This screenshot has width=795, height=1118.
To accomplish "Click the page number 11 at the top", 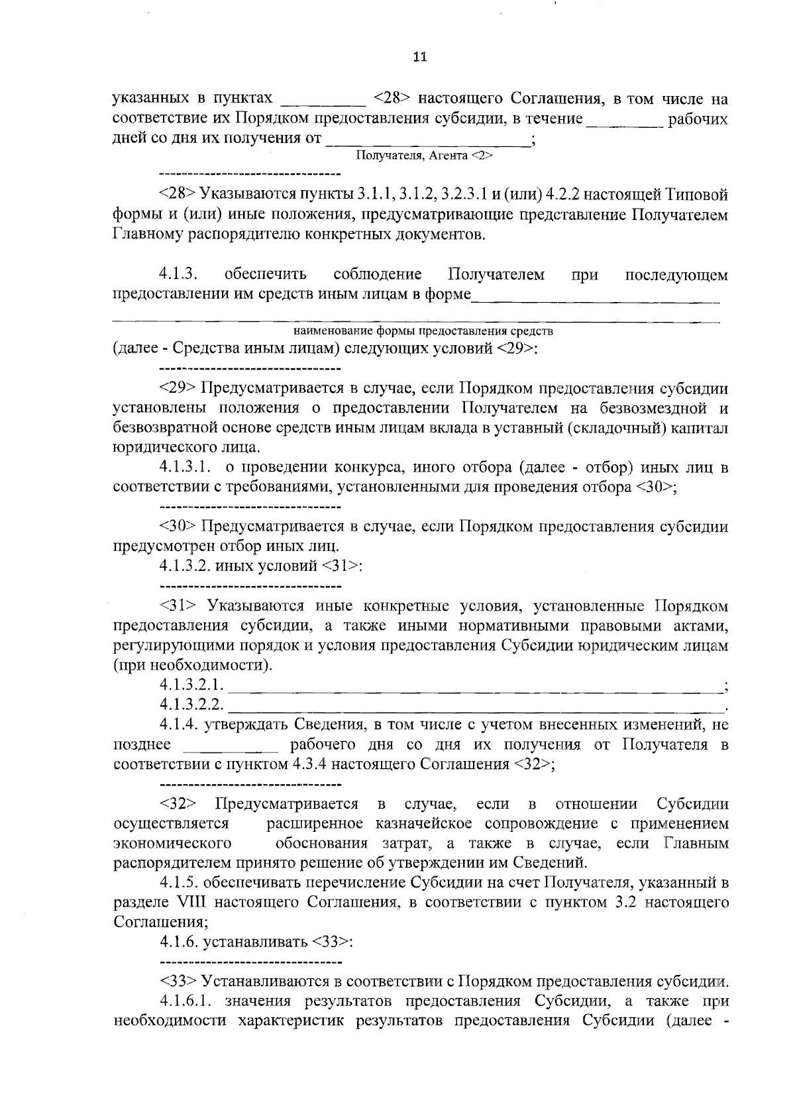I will click(420, 57).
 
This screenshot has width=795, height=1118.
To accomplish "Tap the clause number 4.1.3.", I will click(179, 274).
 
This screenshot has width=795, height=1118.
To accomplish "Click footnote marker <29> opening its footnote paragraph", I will click(178, 388).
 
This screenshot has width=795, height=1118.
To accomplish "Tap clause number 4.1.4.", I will click(179, 725).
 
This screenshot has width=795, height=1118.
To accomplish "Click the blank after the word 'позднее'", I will click(231, 746).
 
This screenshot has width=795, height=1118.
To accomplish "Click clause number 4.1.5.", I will click(179, 882).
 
